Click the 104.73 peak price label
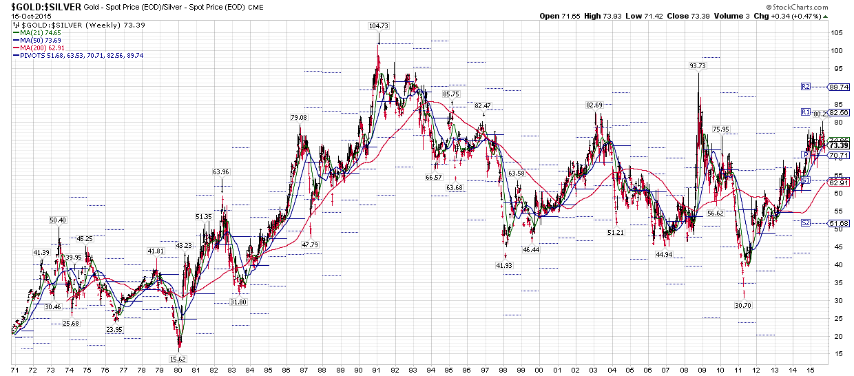pyautogui.click(x=379, y=26)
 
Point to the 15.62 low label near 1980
pyautogui.click(x=178, y=359)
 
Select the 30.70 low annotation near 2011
pyautogui.click(x=743, y=305)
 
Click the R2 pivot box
pyautogui.click(x=804, y=87)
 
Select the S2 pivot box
pyautogui.click(x=805, y=223)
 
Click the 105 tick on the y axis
pyautogui.click(x=837, y=33)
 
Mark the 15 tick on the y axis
pyautogui.click(x=835, y=354)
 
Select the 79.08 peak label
pyautogui.click(x=299, y=118)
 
